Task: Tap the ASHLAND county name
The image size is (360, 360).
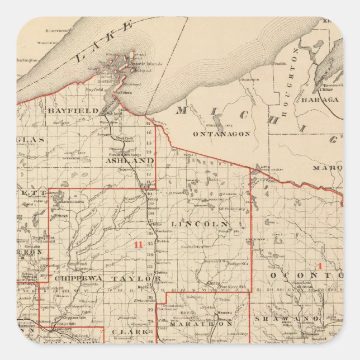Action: [130, 160]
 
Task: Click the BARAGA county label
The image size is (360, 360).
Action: [320, 100]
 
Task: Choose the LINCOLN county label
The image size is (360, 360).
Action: [192, 224]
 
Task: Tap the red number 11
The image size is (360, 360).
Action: [138, 244]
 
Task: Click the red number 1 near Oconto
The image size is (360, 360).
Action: [320, 266]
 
